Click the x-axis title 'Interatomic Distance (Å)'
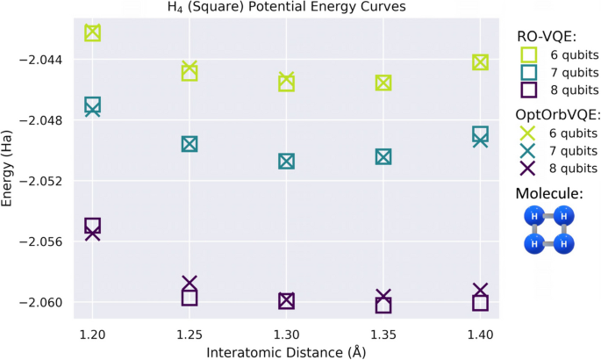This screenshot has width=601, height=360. pos(286,351)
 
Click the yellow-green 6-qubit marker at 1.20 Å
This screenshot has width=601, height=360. pos(92,32)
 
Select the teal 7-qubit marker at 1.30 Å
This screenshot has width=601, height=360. pos(286,161)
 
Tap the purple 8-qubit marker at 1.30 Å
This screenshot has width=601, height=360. pos(286,300)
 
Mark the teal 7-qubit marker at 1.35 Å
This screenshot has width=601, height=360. pos(383,156)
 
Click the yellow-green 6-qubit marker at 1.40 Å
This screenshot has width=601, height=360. pos(480,62)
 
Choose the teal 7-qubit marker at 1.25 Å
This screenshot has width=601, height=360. pos(190,144)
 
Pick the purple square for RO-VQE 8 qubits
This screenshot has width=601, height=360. pos(528,90)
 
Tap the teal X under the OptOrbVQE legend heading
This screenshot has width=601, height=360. pos(528,150)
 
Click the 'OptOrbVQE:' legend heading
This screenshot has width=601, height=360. pos(558,114)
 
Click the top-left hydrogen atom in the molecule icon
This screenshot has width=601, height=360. pos(533,216)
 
